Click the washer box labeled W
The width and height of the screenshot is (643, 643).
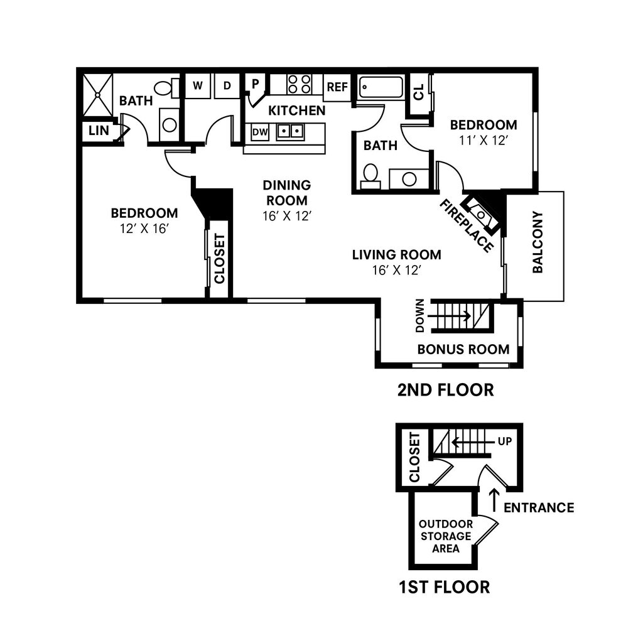[197, 86]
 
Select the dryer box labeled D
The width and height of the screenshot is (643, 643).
[227, 86]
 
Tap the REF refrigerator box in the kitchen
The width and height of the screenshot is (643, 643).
[337, 87]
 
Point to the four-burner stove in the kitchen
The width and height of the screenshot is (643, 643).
[299, 84]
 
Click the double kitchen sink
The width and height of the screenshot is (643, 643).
[290, 131]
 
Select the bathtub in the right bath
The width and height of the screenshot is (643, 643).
[381, 87]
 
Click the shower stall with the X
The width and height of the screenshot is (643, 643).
[98, 95]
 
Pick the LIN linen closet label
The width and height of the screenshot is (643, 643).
[99, 131]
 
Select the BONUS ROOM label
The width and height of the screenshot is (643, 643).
[463, 349]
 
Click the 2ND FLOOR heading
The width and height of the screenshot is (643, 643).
[445, 390]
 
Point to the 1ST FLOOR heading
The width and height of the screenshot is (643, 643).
[444, 587]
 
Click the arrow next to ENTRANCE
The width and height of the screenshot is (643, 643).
[494, 500]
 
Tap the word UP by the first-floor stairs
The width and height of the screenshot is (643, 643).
[505, 441]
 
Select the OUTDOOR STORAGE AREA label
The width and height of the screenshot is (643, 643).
[445, 536]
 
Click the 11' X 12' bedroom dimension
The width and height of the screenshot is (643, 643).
[483, 141]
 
